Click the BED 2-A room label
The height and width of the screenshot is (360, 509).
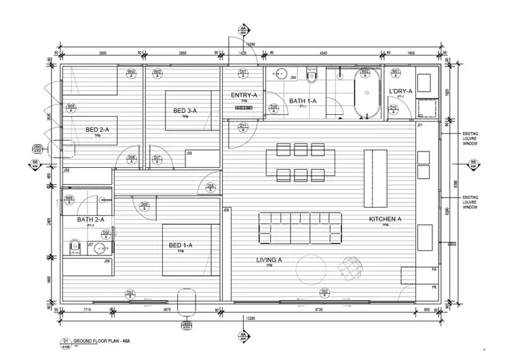point(96,129)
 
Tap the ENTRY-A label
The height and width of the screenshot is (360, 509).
point(244,95)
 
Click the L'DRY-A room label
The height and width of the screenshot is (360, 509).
point(400,91)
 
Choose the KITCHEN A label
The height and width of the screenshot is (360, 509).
point(385,219)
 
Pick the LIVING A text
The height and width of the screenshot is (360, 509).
point(269,260)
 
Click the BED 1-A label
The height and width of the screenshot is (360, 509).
point(181,245)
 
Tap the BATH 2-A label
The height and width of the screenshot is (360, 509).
point(90,219)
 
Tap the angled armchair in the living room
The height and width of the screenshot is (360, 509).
point(351,266)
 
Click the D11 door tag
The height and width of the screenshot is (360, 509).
point(244,126)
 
